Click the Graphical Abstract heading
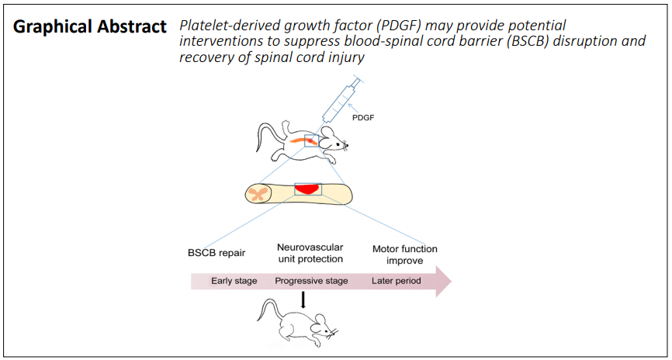[89, 27]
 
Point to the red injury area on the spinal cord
[307, 189]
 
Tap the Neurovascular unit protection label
[310, 253]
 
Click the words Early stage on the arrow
[234, 281]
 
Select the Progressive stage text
[311, 282]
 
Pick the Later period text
[396, 281]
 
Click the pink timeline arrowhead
[444, 282]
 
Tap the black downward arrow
[303, 299]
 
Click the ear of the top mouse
[328, 133]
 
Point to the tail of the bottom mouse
[266, 310]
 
